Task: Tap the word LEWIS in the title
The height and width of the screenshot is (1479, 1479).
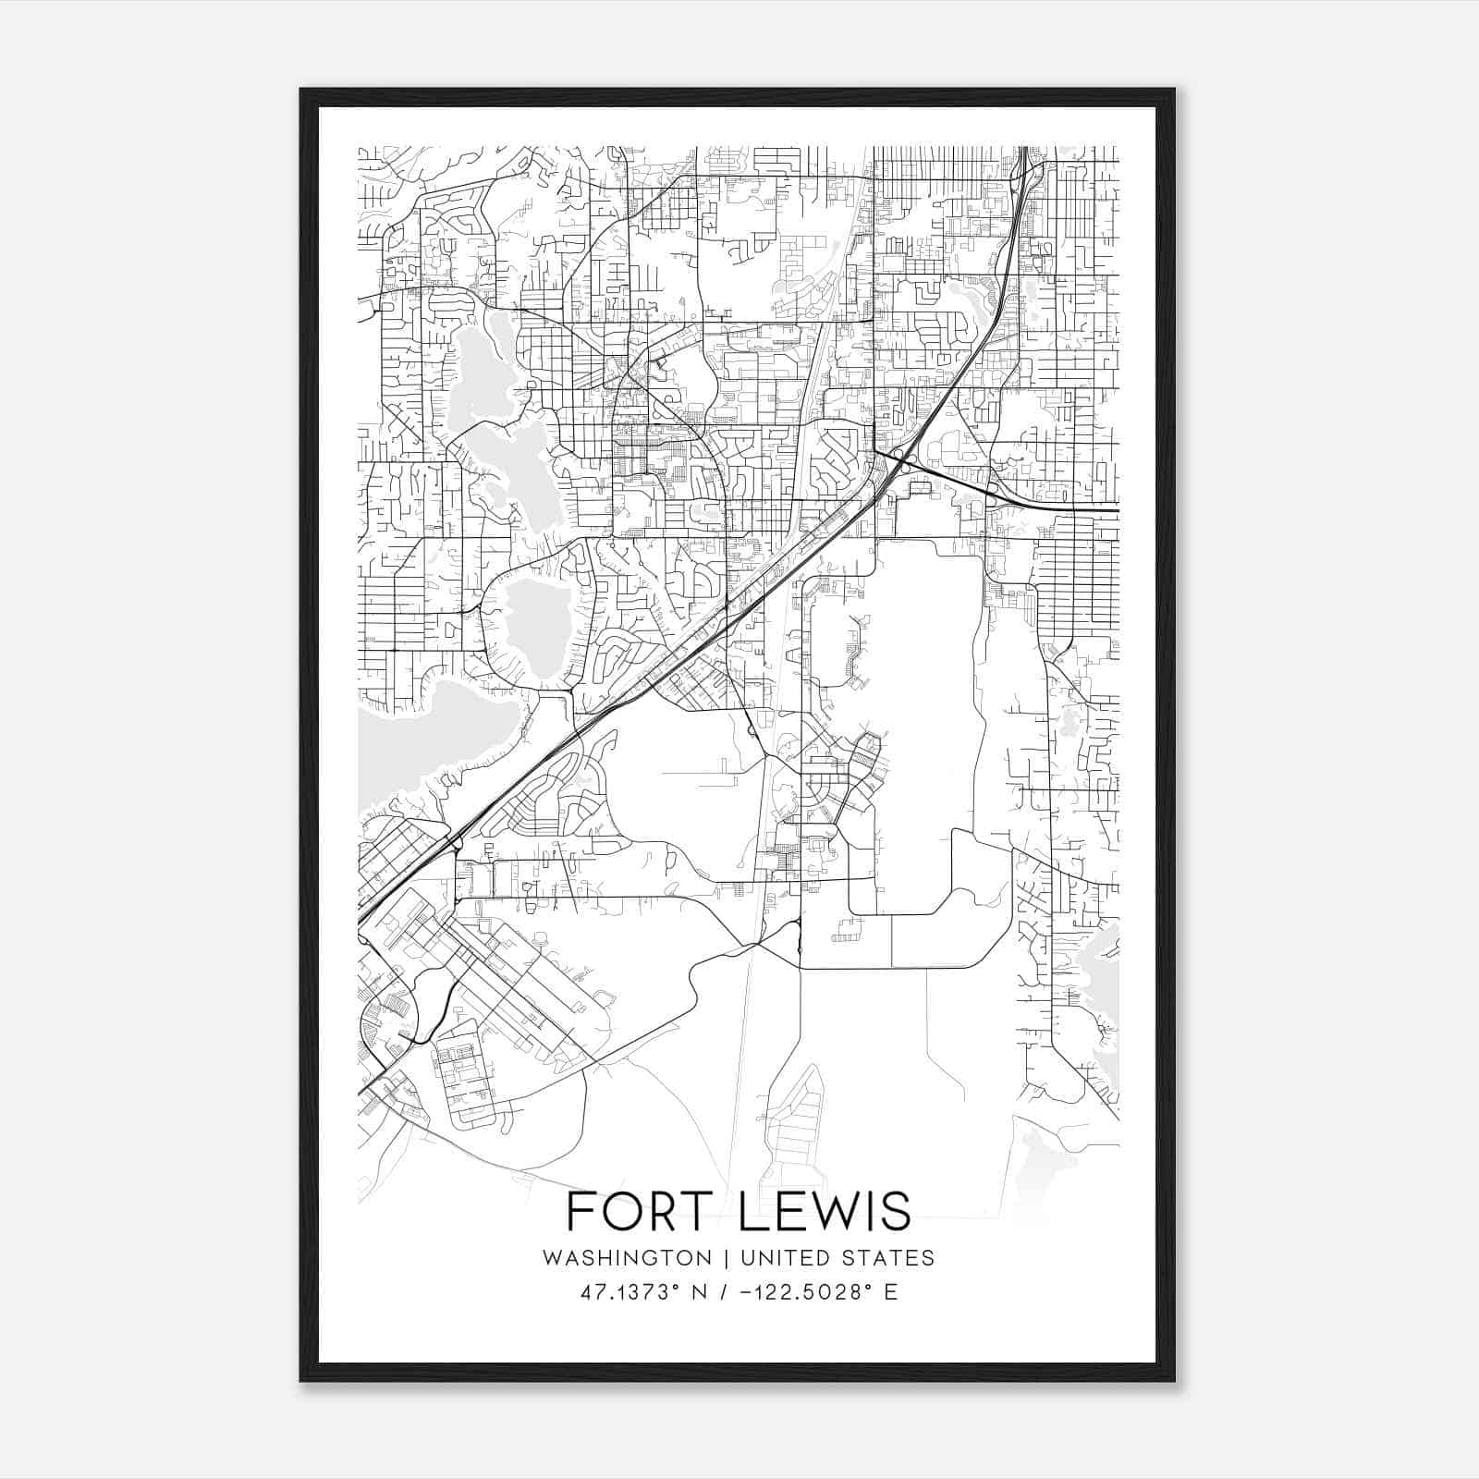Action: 826,1212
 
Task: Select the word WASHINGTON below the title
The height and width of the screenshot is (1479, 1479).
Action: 628,1258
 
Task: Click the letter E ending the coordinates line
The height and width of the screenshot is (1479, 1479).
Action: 891,1292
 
